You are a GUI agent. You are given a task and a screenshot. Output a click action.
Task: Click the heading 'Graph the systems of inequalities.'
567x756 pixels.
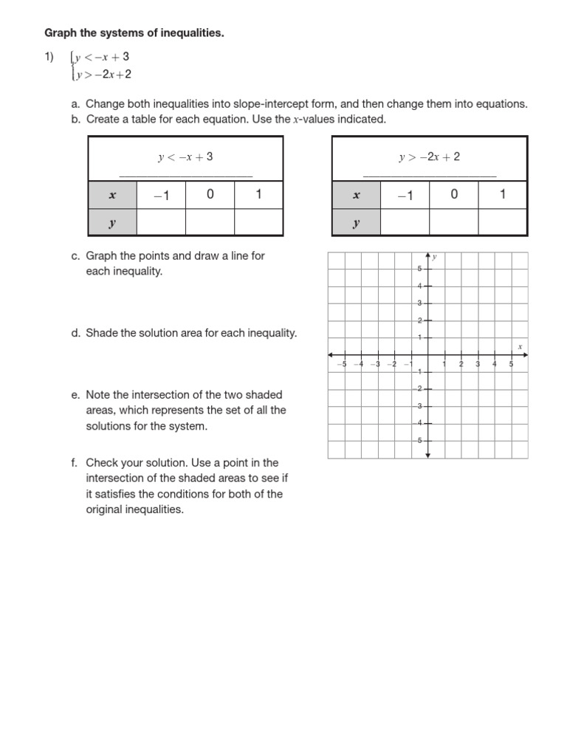pyautogui.click(x=134, y=33)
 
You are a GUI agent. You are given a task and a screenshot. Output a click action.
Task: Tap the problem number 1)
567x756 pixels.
pyautogui.click(x=49, y=57)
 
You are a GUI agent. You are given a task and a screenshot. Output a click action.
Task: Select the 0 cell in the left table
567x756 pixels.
pyautogui.click(x=210, y=195)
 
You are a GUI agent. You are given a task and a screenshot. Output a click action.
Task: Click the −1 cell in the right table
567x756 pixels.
pyautogui.click(x=405, y=195)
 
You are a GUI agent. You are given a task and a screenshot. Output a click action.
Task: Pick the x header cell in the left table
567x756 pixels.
pyautogui.click(x=112, y=196)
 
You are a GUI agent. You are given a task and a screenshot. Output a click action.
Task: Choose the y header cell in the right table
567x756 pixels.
pyautogui.click(x=356, y=222)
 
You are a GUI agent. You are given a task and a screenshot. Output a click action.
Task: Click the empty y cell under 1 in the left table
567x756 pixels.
pyautogui.click(x=258, y=222)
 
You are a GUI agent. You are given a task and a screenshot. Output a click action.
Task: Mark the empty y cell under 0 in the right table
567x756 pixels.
pyautogui.click(x=454, y=222)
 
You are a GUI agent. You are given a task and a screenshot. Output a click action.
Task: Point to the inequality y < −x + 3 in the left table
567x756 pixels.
pyautogui.click(x=185, y=157)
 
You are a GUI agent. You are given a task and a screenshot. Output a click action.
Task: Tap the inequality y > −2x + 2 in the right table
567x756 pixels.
pyautogui.click(x=429, y=157)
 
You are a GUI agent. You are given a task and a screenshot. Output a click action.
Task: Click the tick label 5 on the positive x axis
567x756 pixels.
pyautogui.click(x=511, y=364)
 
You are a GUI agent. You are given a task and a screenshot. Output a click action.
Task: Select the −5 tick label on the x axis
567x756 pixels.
pyautogui.click(x=341, y=364)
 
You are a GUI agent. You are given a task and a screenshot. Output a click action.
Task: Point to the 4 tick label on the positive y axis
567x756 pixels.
pyautogui.click(x=419, y=286)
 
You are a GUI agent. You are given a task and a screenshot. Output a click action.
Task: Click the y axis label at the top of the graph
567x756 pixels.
pyautogui.click(x=435, y=257)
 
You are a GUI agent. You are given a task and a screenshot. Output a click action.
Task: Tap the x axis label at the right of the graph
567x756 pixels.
pyautogui.click(x=520, y=346)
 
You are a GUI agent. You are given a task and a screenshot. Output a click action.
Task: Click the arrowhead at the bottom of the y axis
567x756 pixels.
pyautogui.click(x=427, y=456)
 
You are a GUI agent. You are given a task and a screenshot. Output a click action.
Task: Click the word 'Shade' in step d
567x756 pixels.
pyautogui.click(x=101, y=333)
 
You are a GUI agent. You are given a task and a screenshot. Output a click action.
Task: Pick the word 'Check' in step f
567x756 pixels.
pyautogui.click(x=102, y=463)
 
